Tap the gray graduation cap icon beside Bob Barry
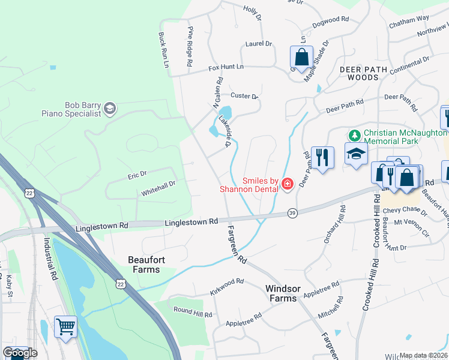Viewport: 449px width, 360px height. pos(109,109)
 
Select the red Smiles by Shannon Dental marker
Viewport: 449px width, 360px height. pos(287,184)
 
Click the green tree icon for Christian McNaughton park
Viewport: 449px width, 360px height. pos(355,136)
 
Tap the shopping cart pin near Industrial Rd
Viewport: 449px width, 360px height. pos(65,327)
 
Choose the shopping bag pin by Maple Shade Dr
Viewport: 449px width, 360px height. pos(301,58)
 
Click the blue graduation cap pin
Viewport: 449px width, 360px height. pos(356,154)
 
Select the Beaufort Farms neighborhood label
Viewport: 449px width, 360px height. pos(144,265)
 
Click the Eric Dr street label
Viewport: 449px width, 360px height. pos(137,175)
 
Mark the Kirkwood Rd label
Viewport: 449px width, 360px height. pos(226,282)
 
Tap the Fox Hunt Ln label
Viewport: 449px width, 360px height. pos(226,67)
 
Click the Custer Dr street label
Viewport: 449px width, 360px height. pos(244,96)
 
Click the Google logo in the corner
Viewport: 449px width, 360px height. pos(20,353)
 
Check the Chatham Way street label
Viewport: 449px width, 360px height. pos(409,19)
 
